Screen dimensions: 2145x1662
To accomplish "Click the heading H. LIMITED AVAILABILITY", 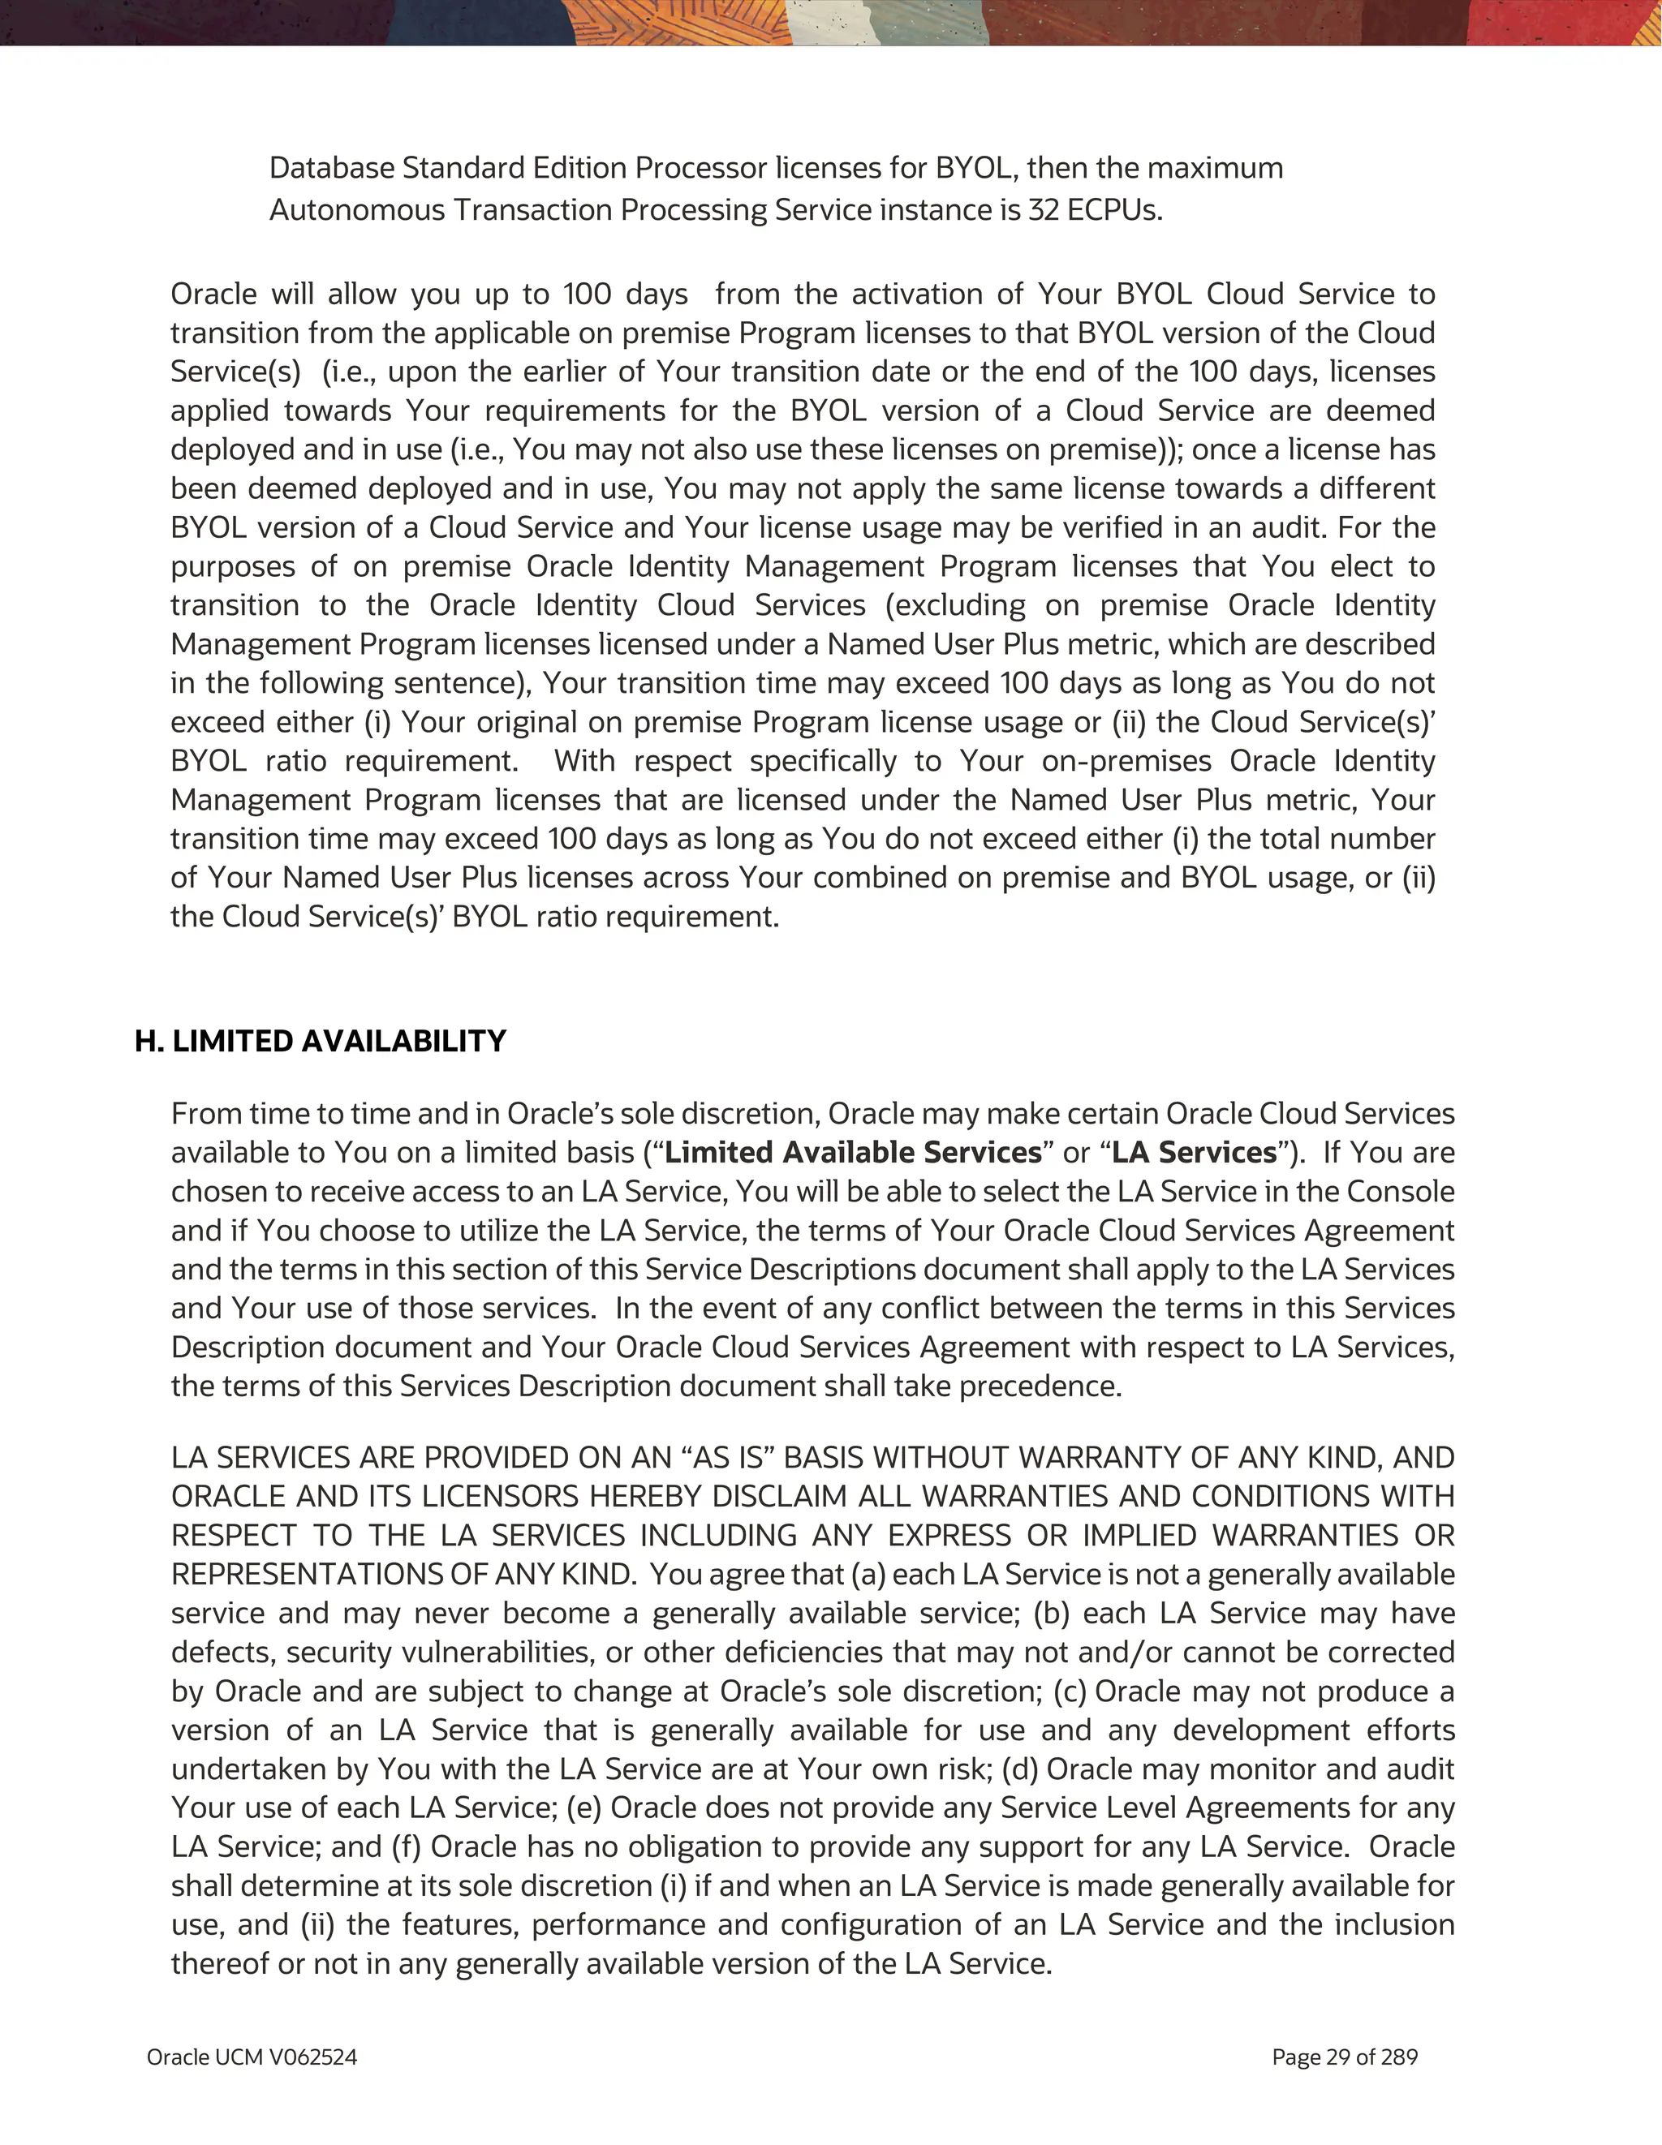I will [321, 1041].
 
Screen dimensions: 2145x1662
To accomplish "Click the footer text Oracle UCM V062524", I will [252, 2057].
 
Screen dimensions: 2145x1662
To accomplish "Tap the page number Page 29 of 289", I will [1344, 2057].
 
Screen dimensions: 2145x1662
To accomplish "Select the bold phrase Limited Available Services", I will [853, 1152].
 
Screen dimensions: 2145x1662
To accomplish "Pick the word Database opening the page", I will [331, 168].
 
